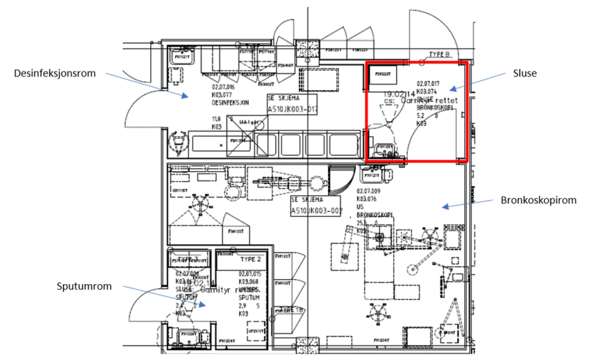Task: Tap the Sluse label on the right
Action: pos(523,72)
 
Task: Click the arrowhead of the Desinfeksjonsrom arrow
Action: pos(187,97)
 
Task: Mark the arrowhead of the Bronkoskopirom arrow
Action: pos(443,208)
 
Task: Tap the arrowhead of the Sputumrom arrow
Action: pos(205,303)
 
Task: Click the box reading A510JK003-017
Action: pos(291,109)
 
